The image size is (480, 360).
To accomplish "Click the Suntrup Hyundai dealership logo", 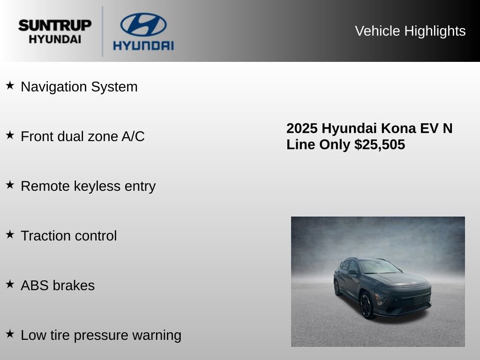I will click(x=55, y=31).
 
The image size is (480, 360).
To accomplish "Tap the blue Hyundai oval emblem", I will click(x=143, y=25).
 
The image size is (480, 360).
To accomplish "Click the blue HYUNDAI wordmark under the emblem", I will click(x=143, y=45).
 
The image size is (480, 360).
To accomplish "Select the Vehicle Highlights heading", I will click(x=410, y=31).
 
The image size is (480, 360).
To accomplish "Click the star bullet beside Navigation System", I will click(x=10, y=85).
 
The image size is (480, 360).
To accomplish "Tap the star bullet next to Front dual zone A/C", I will click(x=10, y=135).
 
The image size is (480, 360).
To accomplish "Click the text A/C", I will click(x=133, y=136).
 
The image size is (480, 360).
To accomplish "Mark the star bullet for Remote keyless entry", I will click(x=10, y=185).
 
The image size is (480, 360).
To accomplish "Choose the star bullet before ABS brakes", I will click(x=10, y=284).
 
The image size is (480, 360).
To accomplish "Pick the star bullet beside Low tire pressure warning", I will click(x=10, y=334).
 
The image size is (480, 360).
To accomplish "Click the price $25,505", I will click(x=380, y=144).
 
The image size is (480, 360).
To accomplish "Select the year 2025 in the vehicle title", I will click(x=302, y=128).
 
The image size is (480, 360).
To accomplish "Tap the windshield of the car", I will click(x=378, y=267).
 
